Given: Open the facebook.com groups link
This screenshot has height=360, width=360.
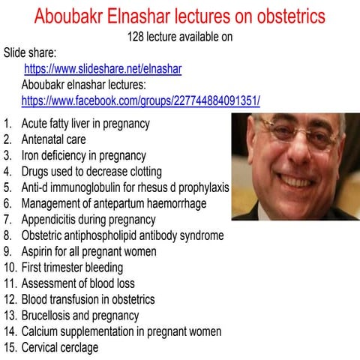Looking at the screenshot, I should point(140,100).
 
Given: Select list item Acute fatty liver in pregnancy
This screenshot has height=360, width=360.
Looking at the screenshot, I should point(85,123).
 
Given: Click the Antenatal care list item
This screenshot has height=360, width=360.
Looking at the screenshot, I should point(53,139).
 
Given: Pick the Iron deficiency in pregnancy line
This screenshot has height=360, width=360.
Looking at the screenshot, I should point(83,155).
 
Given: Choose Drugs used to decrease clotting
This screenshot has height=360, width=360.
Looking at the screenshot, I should point(91,171).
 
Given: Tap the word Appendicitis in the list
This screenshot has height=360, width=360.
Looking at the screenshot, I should point(50,220).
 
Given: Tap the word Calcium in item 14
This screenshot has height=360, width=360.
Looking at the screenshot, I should point(40,331).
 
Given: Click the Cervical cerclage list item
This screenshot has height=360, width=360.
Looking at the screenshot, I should point(60,347).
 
